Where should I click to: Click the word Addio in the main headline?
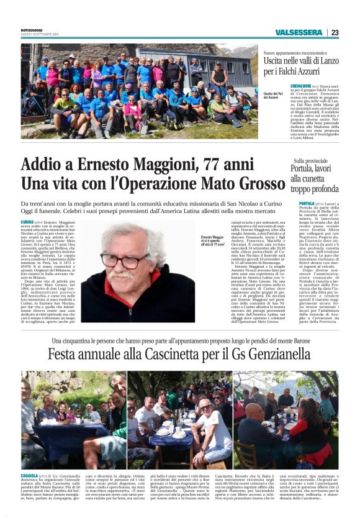[x=43, y=165]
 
